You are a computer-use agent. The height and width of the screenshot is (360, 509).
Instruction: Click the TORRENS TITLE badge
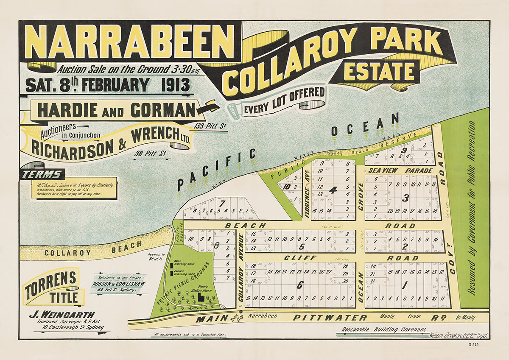click(53, 287)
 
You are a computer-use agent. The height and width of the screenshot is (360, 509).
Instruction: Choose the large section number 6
click(299, 285)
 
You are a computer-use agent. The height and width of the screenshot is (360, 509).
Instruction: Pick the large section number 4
click(333, 190)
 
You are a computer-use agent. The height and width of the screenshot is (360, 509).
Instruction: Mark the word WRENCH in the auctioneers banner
click(151, 137)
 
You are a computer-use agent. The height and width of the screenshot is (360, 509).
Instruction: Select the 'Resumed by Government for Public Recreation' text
click(471, 208)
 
